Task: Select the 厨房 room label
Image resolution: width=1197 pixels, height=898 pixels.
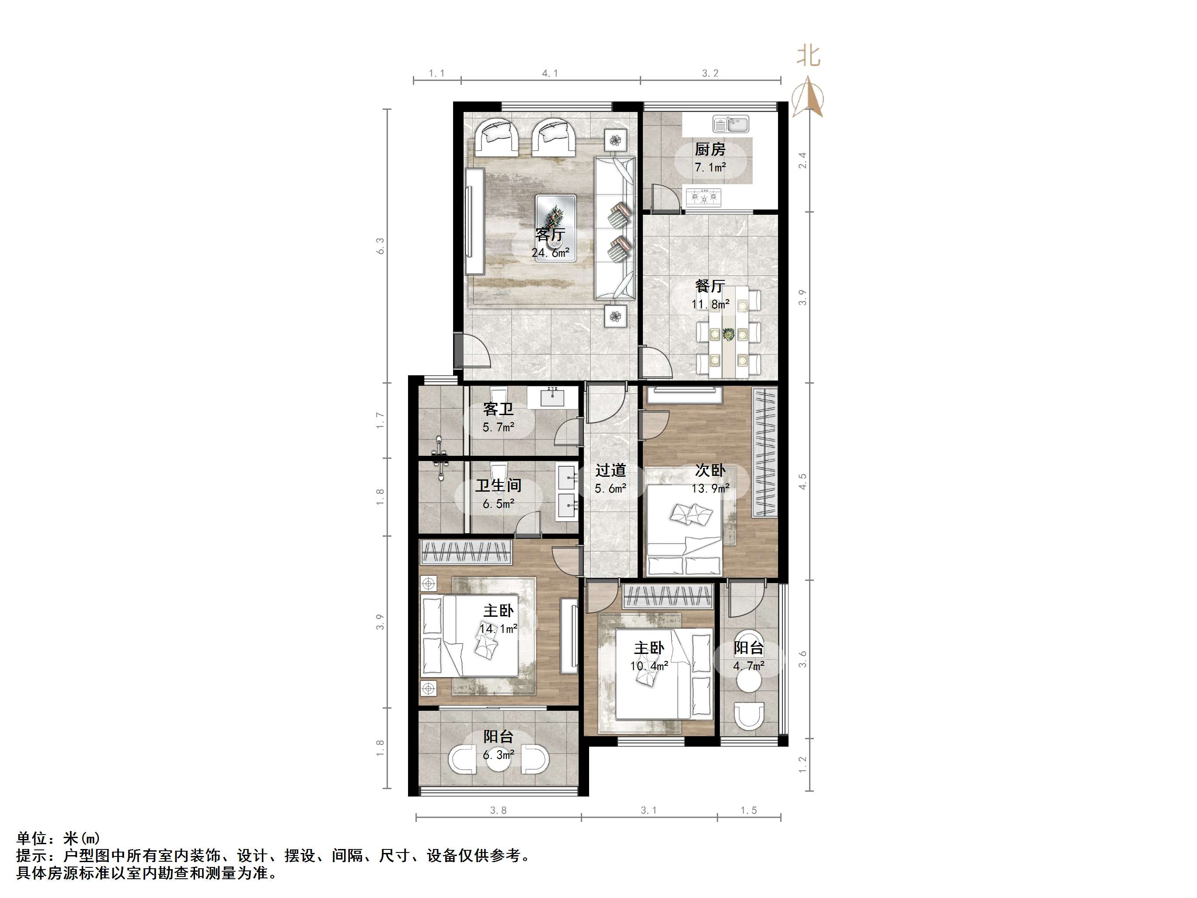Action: [x=710, y=149]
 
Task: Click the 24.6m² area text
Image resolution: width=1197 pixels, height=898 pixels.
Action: [x=550, y=252]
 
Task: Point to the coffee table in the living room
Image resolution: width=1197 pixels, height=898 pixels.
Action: [x=556, y=228]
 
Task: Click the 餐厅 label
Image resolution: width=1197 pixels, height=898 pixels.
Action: [x=710, y=286]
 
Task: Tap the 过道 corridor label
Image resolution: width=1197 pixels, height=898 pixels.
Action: [x=611, y=470]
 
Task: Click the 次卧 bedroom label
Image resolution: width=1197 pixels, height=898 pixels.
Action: [x=710, y=470]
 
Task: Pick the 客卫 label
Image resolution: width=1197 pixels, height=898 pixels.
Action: [x=498, y=409]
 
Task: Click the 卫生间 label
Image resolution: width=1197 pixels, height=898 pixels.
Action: [x=498, y=485]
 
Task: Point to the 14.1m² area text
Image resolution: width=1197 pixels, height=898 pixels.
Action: [x=498, y=629]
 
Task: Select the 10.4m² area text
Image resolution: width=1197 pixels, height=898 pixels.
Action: [x=649, y=666]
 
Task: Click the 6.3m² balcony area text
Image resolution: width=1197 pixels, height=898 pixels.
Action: [x=498, y=754]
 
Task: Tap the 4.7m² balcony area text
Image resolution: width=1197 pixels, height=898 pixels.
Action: [x=748, y=666]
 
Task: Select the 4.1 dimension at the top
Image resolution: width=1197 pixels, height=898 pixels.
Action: [x=550, y=73]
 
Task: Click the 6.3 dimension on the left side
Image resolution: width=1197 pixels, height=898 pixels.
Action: [x=380, y=246]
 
